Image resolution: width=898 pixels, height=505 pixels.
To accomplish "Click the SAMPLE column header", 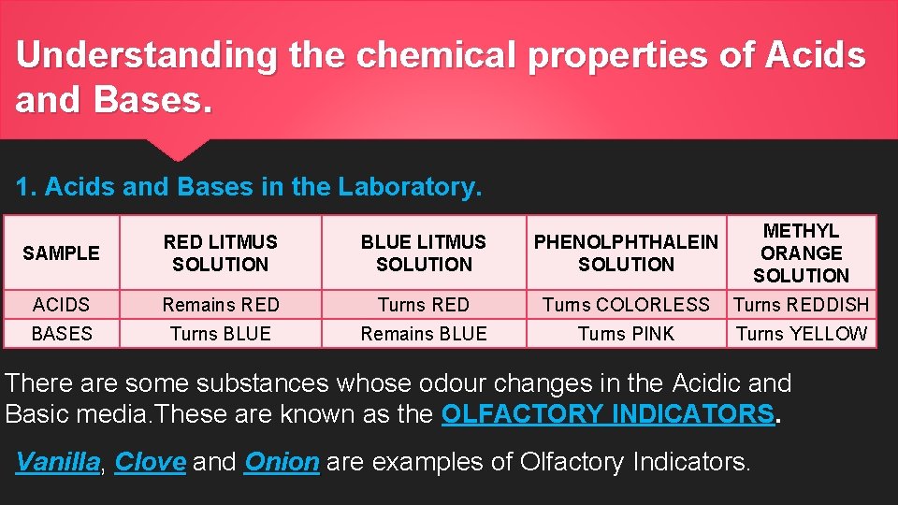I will click(61, 252).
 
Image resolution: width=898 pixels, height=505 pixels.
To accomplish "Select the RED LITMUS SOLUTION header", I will click(220, 252).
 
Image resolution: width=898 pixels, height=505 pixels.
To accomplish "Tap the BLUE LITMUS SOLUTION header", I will click(424, 252).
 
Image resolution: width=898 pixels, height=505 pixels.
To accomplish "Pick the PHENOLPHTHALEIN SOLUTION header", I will click(626, 252).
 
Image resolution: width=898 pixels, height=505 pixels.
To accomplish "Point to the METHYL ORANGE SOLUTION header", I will click(801, 252).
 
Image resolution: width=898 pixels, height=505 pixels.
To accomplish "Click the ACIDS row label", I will click(61, 305).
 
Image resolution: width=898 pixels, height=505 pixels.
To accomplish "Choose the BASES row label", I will click(61, 334).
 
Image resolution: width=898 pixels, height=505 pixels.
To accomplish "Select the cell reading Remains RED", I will click(220, 305).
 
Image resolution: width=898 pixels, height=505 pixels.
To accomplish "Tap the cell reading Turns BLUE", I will click(220, 334).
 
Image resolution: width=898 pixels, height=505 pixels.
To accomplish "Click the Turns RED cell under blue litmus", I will click(424, 305).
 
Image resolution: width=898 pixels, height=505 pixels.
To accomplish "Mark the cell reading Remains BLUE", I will click(424, 334).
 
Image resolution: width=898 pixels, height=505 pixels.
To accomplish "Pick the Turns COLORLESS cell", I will click(626, 305).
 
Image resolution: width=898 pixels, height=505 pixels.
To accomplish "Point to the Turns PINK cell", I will click(626, 334).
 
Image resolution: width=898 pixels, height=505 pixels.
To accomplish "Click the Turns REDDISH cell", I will click(802, 305).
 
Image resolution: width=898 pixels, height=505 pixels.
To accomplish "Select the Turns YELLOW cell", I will click(802, 334).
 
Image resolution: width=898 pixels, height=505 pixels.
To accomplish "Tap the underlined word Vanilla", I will click(58, 462).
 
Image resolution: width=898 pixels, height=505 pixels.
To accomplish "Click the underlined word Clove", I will click(150, 462).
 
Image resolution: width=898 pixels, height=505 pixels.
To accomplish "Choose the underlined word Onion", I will click(282, 462).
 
